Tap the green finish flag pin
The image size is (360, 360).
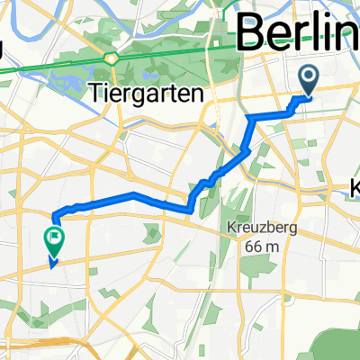click(x=53, y=239)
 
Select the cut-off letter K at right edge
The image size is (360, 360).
click(x=354, y=190)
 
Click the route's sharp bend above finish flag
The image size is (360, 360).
click(x=56, y=215)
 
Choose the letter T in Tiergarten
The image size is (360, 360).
click(x=96, y=92)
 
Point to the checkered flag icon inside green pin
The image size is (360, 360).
click(x=53, y=238)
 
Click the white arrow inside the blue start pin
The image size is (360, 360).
click(x=309, y=79)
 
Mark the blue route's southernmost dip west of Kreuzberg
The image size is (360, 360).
click(x=190, y=211)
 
